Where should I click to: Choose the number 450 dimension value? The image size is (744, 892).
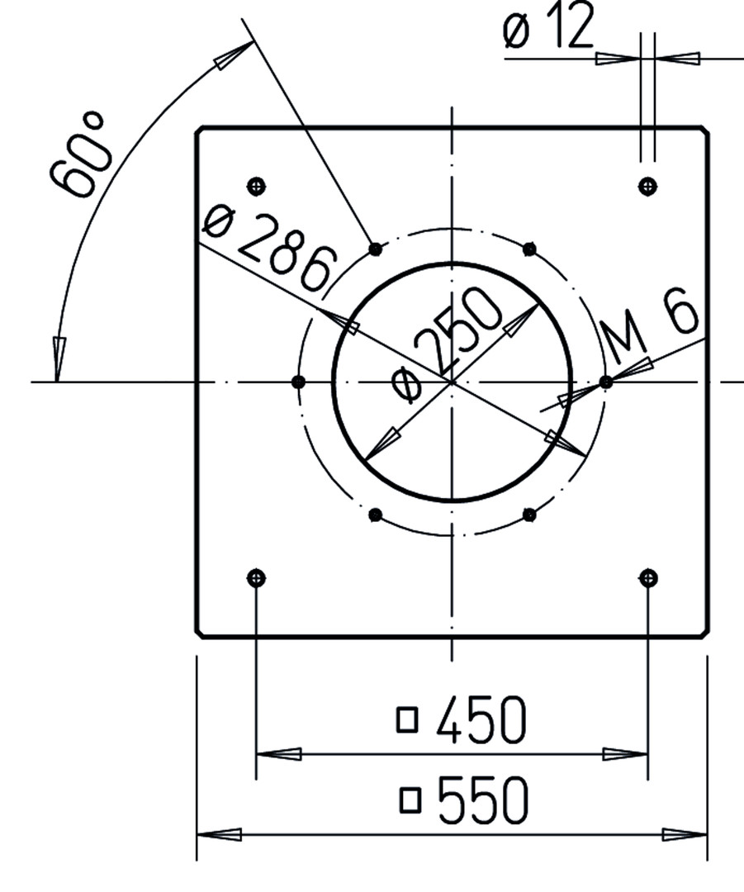(x=481, y=720)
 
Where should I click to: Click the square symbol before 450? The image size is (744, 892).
(x=407, y=719)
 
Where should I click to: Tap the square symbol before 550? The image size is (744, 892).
(x=410, y=799)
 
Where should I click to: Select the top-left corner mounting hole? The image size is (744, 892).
(x=257, y=186)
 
